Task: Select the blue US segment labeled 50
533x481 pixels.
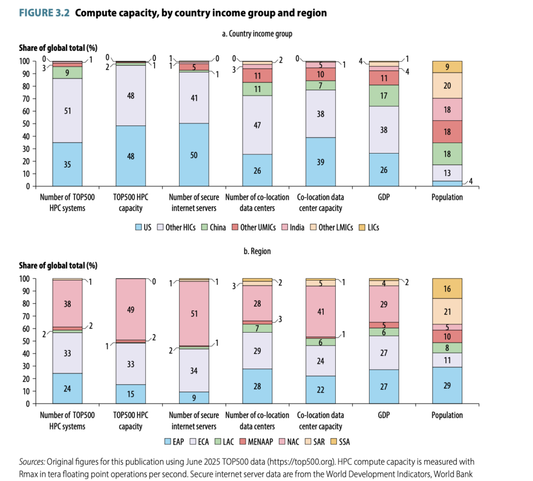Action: pyautogui.click(x=194, y=155)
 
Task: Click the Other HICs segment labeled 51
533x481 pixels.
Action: pyautogui.click(x=67, y=110)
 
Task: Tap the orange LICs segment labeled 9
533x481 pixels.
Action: pyautogui.click(x=447, y=67)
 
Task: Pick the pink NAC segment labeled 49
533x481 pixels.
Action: pyautogui.click(x=130, y=309)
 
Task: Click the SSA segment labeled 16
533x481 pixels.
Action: pyautogui.click(x=447, y=288)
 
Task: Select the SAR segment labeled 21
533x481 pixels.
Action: pyautogui.click(x=447, y=311)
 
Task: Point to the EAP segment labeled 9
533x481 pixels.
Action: pyautogui.click(x=194, y=398)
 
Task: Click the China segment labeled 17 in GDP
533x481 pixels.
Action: pyautogui.click(x=384, y=95)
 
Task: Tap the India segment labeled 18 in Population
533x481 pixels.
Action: pyautogui.click(x=447, y=109)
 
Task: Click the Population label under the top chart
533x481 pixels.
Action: pyautogui.click(x=447, y=197)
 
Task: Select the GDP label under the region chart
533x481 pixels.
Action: pyautogui.click(x=384, y=415)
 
